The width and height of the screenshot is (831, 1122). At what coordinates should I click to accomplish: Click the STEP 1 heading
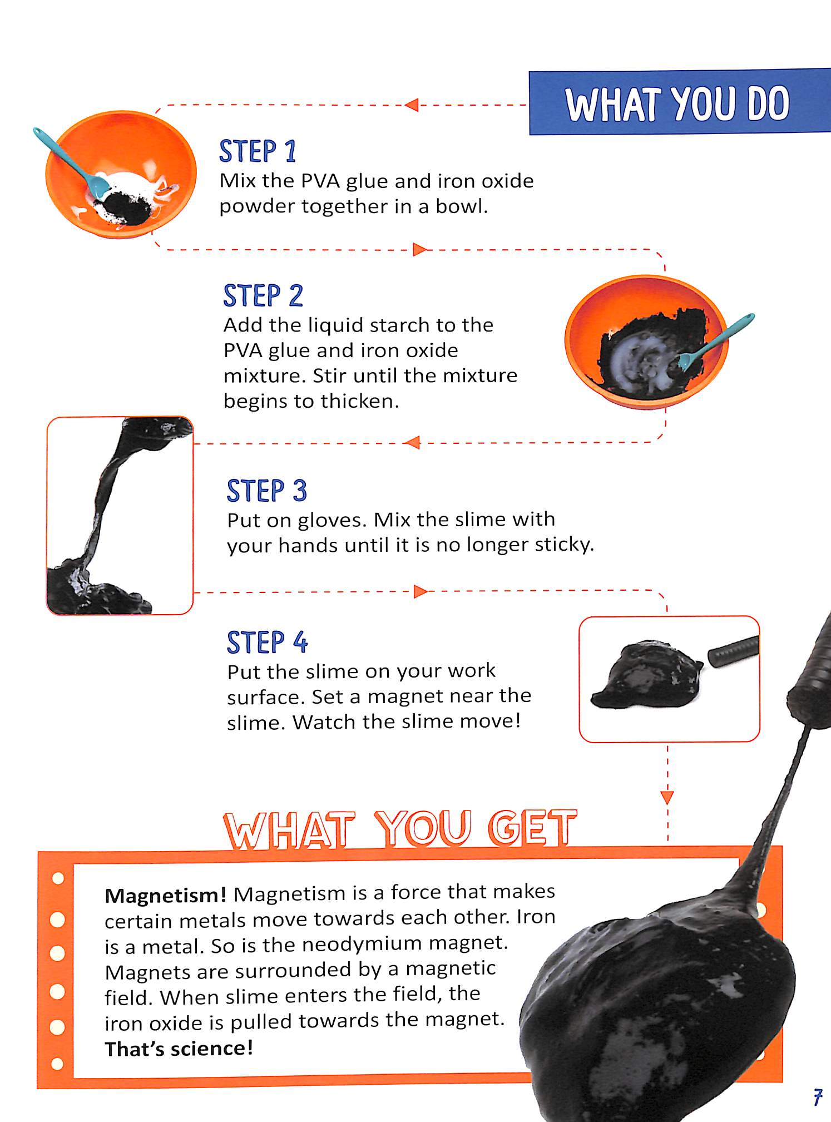258,151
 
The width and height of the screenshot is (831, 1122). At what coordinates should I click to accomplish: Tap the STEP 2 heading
263,295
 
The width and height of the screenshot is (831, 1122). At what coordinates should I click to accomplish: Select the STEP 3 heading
267,491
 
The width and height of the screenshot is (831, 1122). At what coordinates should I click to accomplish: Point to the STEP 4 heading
268,642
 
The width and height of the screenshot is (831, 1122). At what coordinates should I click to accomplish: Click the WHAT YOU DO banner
680,102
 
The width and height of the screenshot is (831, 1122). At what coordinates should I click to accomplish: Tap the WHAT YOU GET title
400,829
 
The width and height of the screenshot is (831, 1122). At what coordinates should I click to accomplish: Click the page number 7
818,1096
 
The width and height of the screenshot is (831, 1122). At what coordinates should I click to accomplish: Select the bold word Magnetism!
165,895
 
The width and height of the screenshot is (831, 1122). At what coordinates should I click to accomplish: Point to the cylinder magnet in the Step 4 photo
734,651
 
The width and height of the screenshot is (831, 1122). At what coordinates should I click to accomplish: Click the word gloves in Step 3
332,520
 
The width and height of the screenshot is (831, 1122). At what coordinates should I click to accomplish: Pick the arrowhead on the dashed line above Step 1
412,105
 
